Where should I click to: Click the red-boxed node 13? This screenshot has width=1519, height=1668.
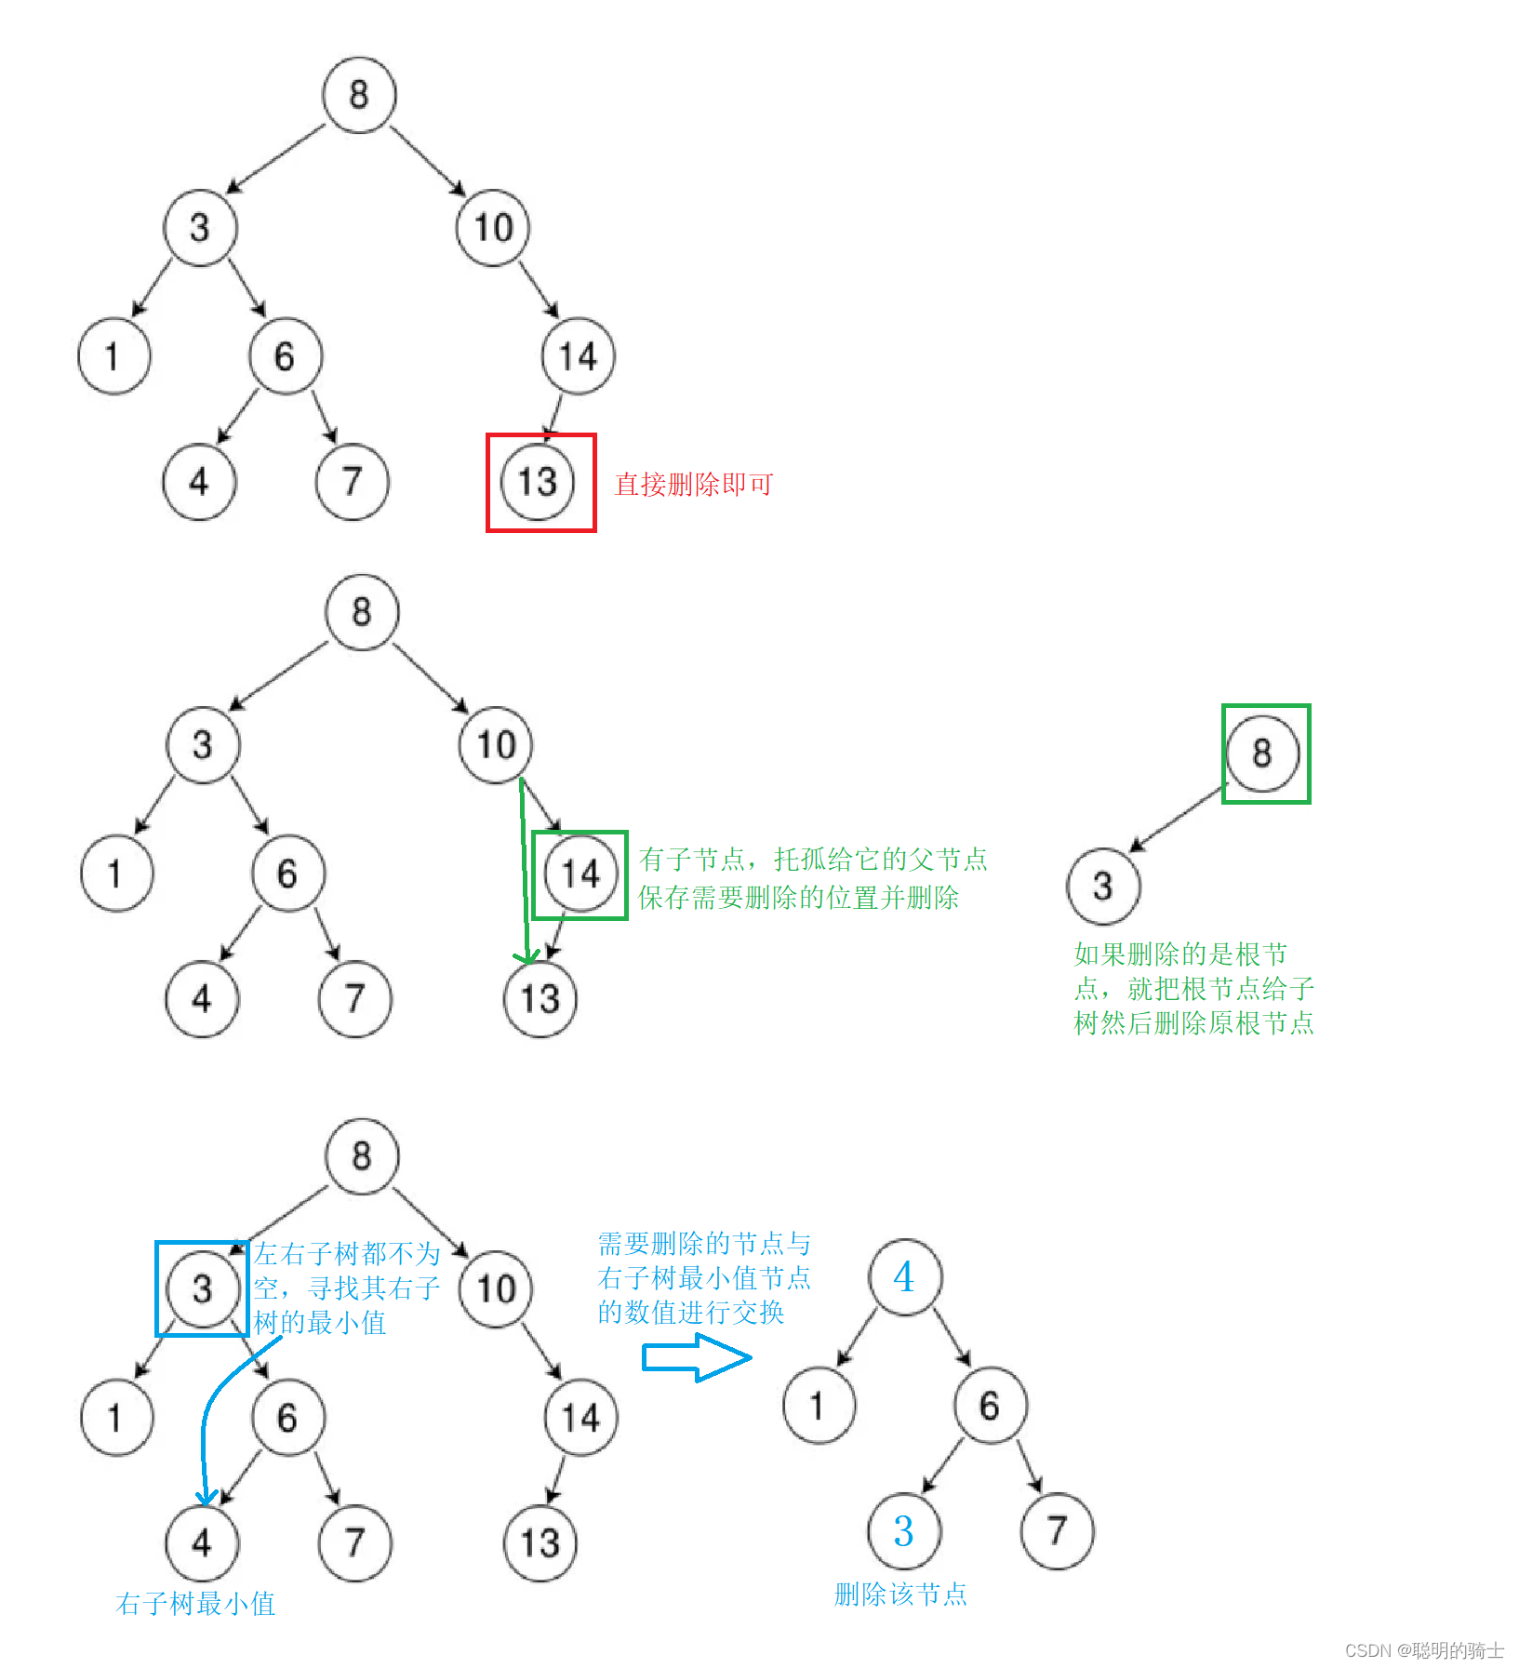pyautogui.click(x=539, y=482)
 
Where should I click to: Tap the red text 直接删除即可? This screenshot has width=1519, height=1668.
pyautogui.click(x=694, y=485)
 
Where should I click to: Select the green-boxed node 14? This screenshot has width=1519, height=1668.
pyautogui.click(x=580, y=874)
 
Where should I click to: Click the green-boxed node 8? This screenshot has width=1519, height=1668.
pyautogui.click(x=1262, y=754)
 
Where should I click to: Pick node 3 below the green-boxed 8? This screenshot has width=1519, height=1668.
pyautogui.click(x=1103, y=886)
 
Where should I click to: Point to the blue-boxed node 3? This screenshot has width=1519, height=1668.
pyautogui.click(x=202, y=1289)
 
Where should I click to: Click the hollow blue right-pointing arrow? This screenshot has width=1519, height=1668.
pyautogui.click(x=696, y=1358)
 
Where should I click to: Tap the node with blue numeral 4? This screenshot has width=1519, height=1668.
pyautogui.click(x=904, y=1277)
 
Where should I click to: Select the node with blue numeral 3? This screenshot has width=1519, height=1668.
pyautogui.click(x=903, y=1531)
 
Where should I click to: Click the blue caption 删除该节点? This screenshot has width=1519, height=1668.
pyautogui.click(x=900, y=1595)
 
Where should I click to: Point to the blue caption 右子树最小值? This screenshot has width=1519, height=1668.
pyautogui.click(x=195, y=1604)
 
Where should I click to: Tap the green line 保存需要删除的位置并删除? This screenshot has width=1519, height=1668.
pyautogui.click(x=798, y=898)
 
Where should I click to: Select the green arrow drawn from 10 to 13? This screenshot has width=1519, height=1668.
pyautogui.click(x=525, y=865)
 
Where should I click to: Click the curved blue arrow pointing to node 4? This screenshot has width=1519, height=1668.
pyautogui.click(x=207, y=1423)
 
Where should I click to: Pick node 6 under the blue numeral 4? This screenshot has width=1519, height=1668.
pyautogui.click(x=990, y=1406)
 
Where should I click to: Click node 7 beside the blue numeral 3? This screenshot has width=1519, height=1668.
pyautogui.click(x=1057, y=1531)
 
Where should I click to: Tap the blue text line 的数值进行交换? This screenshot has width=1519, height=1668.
pyautogui.click(x=691, y=1313)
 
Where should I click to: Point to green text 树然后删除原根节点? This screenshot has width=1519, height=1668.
pyautogui.click(x=1193, y=1023)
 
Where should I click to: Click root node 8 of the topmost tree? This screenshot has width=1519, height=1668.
pyautogui.click(x=359, y=95)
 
